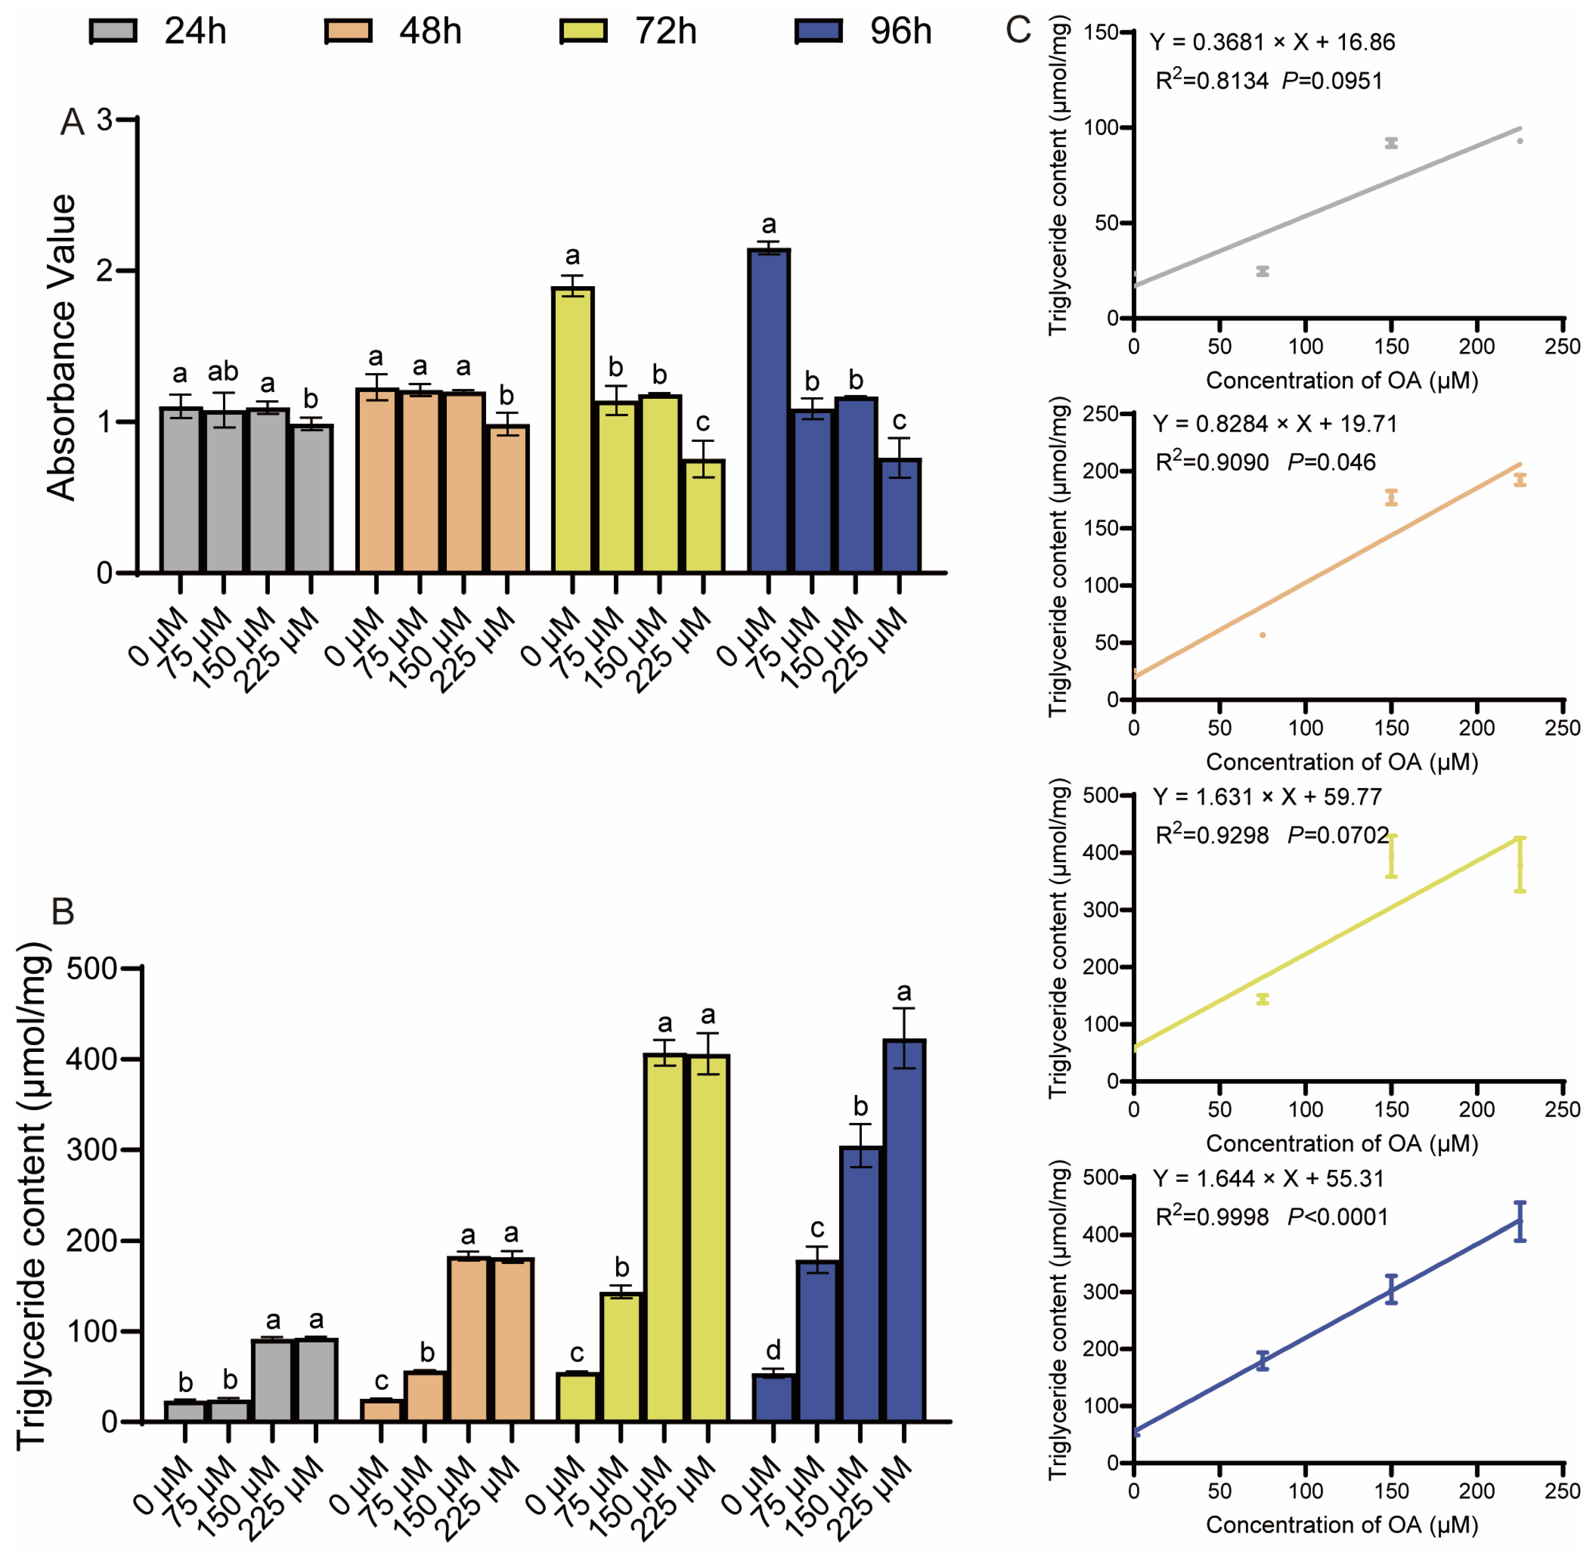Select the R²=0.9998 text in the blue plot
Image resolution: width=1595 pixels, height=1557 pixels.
(1211, 1217)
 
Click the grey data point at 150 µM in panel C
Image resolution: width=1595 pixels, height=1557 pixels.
(1391, 143)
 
